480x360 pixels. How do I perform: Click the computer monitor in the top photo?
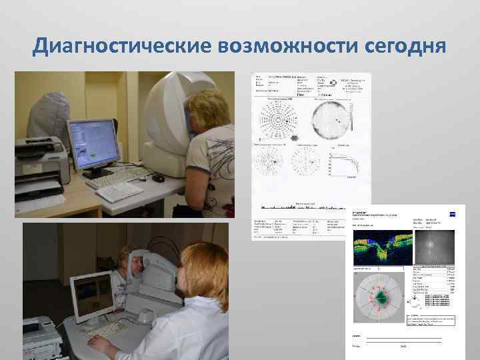[93, 144]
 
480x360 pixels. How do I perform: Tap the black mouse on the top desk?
[159, 179]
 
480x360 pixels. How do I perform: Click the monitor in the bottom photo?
[93, 296]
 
